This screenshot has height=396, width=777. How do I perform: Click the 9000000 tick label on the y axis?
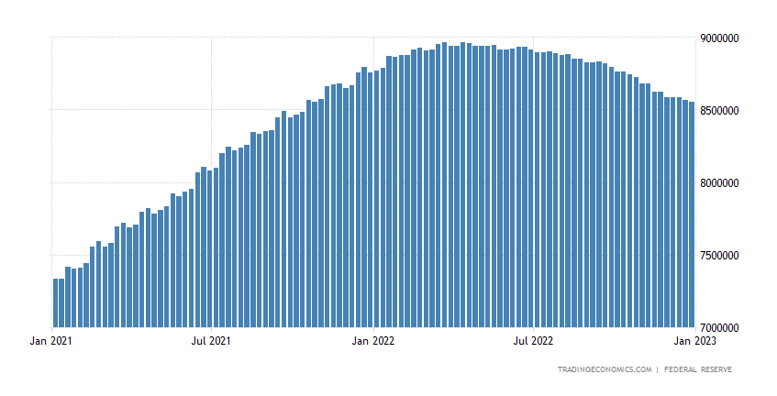(x=718, y=38)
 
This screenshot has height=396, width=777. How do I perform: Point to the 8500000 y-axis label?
(x=718, y=111)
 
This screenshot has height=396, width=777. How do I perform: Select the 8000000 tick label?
(x=718, y=183)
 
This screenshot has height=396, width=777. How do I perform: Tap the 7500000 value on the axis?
(x=718, y=256)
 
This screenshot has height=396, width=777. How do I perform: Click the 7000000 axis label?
(x=718, y=327)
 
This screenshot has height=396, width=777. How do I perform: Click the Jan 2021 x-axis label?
(x=50, y=341)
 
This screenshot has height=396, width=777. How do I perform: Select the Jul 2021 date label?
(x=211, y=341)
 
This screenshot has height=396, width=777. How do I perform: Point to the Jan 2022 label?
(x=373, y=341)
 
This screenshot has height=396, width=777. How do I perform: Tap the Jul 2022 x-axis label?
(x=533, y=341)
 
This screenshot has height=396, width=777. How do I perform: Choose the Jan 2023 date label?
(x=694, y=341)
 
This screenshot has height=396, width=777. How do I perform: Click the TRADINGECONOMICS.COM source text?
(x=605, y=369)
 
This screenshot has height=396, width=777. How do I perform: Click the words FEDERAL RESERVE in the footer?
(x=698, y=369)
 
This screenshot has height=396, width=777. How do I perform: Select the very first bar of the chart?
(x=55, y=302)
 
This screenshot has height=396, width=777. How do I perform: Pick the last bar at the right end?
(x=692, y=214)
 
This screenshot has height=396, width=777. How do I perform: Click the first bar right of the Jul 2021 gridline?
(x=216, y=247)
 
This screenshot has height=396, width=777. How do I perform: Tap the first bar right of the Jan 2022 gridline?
(x=377, y=199)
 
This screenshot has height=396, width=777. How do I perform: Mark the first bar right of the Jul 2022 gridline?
(x=538, y=190)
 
